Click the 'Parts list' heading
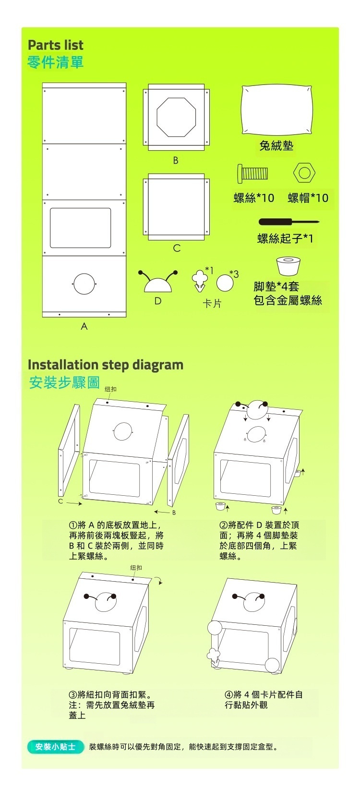pos(55,45)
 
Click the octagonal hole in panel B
pos(176,117)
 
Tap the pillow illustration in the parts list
pos(276,110)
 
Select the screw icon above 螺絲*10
pos(252,173)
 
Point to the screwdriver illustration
pos(288,222)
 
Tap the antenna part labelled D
pos(158,283)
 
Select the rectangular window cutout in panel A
pos(81,228)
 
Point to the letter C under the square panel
pos(177,248)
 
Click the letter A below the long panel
pos(84,326)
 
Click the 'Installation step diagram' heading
pos(106,365)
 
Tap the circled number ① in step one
pos(73,525)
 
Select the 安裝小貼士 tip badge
pos(56,747)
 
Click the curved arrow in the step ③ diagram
pos(159,581)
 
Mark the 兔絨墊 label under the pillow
pos(276,145)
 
